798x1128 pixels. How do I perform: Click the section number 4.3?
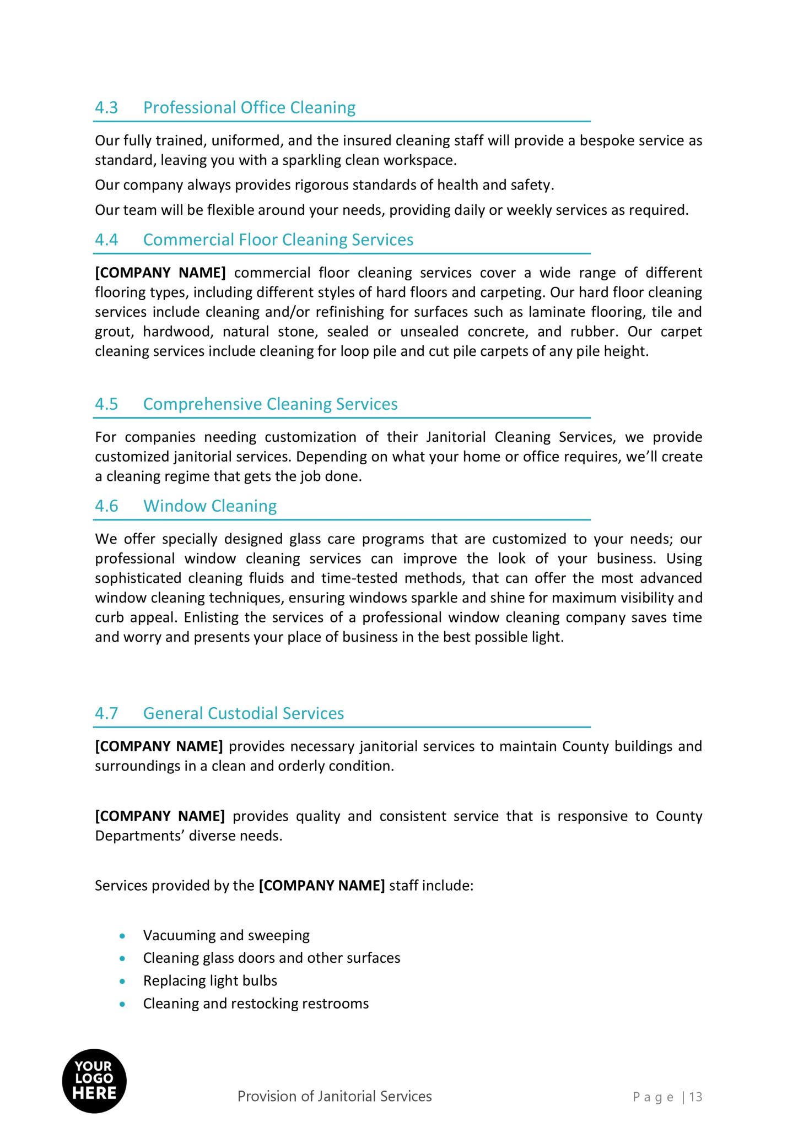pos(106,107)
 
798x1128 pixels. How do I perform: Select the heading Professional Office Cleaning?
pos(249,107)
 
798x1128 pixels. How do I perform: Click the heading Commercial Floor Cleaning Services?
pos(278,240)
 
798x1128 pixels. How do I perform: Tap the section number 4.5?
pos(106,404)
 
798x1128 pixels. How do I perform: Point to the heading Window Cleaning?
pos(210,506)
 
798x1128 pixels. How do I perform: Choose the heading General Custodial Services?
pos(243,713)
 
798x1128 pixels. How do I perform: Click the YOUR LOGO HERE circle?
pos(94,1081)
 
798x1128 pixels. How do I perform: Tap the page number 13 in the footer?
pos(695,1097)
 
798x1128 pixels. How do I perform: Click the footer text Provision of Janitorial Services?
pos(335,1096)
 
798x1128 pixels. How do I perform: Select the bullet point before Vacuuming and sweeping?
pos(122,936)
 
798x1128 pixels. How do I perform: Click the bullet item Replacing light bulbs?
pos(210,980)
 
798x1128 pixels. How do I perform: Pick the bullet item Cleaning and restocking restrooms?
pos(256,1003)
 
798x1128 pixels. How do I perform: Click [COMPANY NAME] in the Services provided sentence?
pos(321,885)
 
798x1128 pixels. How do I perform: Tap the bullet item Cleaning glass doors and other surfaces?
pos(271,958)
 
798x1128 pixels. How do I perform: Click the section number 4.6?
pos(106,506)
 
